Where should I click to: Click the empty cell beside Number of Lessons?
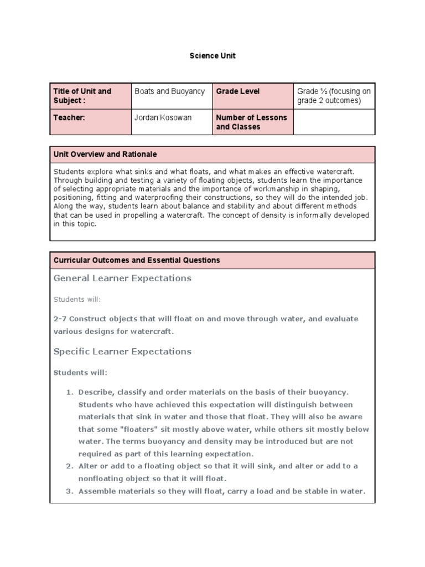coord(334,122)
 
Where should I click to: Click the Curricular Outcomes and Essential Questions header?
coord(137,260)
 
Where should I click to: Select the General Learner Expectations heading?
coord(122,278)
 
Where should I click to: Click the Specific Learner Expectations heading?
coord(122,351)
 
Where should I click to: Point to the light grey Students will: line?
coord(77,299)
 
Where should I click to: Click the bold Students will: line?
coord(80,372)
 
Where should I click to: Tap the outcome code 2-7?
coord(60,319)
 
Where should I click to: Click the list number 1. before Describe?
coord(70,392)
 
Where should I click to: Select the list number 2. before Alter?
coord(70,466)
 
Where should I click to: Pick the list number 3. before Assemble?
coord(70,491)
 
